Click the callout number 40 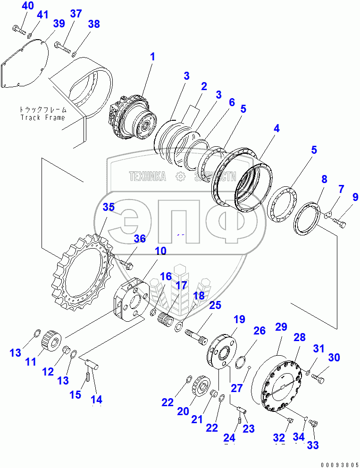click(x=28, y=6)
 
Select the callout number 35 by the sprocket click(x=109, y=207)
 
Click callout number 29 click(x=281, y=327)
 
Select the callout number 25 click(x=215, y=305)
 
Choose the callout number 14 click(x=96, y=399)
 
